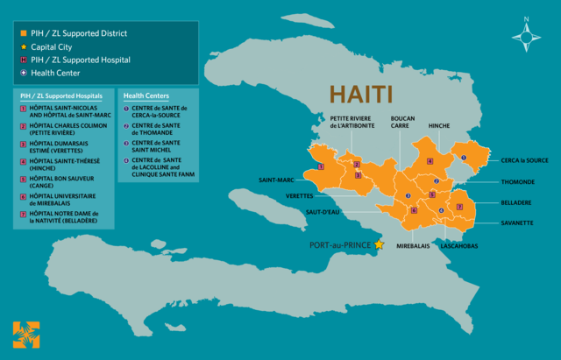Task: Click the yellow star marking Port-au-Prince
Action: [x=379, y=244]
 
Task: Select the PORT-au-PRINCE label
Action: [x=340, y=244]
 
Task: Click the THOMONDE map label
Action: [x=517, y=181]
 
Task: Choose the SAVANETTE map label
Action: [x=516, y=222]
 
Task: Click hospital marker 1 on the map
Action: [x=321, y=165]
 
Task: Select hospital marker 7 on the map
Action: [x=459, y=207]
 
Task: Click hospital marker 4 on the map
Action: [x=430, y=161]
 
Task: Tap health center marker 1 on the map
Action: [x=464, y=158]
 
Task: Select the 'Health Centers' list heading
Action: [x=146, y=95]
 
